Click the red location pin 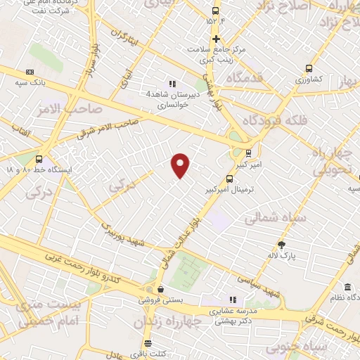pos(181,165)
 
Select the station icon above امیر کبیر pos(248,152)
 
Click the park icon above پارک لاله pos(282,244)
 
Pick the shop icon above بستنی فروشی pos(160,288)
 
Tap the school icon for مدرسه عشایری pos(233,300)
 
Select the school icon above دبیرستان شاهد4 pos(172,83)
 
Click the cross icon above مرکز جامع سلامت pos(217,39)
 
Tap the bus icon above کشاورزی pos(309,68)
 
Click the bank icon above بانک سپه pos(30,72)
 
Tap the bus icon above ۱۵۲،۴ pos(217,11)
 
